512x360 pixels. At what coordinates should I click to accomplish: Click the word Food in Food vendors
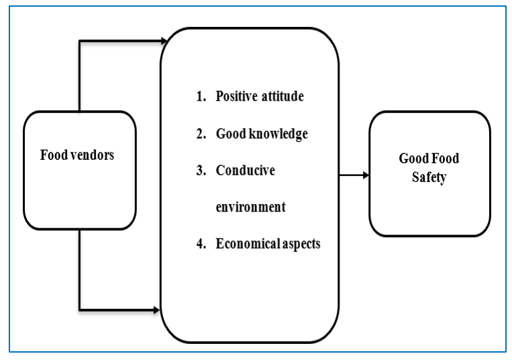(52, 155)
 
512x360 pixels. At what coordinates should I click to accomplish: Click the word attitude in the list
(282, 96)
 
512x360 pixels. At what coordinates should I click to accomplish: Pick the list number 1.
(200, 97)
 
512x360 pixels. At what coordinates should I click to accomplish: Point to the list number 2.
(200, 134)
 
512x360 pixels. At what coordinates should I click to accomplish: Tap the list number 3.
(200, 171)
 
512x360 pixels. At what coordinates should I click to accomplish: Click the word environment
(250, 207)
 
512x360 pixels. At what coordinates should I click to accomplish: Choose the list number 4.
(200, 244)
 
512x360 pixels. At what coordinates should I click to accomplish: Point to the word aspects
(301, 244)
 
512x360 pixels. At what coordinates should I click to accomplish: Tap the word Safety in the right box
(429, 178)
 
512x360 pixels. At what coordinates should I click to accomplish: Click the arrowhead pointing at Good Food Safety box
(366, 175)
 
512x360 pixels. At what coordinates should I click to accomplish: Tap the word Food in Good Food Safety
(445, 159)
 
